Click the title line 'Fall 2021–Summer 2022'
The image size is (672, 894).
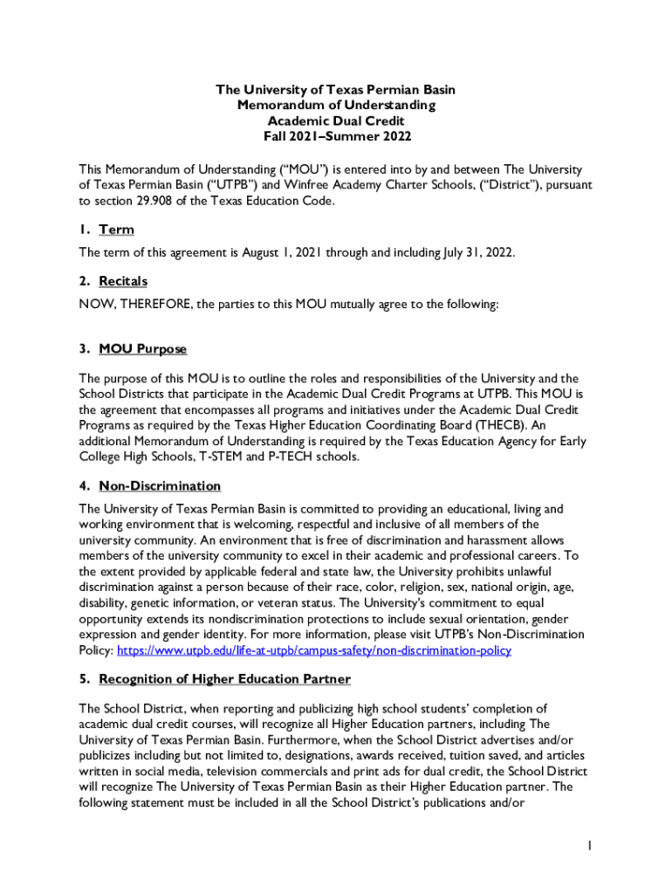pyautogui.click(x=336, y=137)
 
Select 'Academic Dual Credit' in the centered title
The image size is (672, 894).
pyautogui.click(x=336, y=121)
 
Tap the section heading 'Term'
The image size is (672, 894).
pyautogui.click(x=116, y=230)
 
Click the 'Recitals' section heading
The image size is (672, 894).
pyautogui.click(x=123, y=281)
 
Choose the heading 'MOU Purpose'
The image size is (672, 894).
pyautogui.click(x=142, y=349)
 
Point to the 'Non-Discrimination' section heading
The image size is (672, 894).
pyautogui.click(x=160, y=486)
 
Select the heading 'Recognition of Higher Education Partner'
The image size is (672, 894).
pyautogui.click(x=224, y=679)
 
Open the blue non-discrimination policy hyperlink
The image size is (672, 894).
pyautogui.click(x=313, y=650)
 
